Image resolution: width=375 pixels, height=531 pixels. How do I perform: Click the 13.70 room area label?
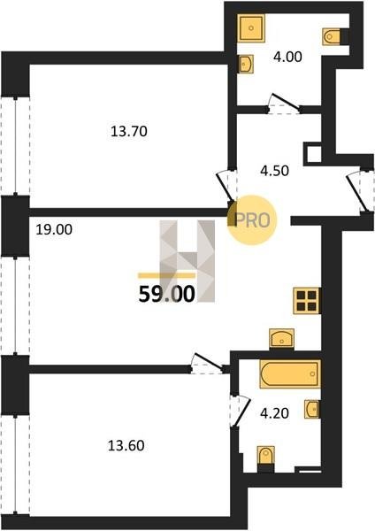pyautogui.click(x=129, y=131)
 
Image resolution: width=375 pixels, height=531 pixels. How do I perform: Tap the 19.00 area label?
pyautogui.click(x=54, y=230)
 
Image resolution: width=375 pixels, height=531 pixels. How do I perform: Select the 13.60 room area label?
pyautogui.click(x=126, y=446)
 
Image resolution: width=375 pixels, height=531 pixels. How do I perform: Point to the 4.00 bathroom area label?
pyautogui.click(x=287, y=57)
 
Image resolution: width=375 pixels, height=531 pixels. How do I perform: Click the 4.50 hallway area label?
pyautogui.click(x=274, y=171)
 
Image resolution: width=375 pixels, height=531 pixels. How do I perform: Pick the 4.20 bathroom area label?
pyautogui.click(x=274, y=413)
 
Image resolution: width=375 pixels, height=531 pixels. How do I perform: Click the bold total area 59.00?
pyautogui.click(x=167, y=294)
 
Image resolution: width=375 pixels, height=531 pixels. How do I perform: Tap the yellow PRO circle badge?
pyautogui.click(x=252, y=220)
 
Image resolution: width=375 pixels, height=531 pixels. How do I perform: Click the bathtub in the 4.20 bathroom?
pyautogui.click(x=290, y=373)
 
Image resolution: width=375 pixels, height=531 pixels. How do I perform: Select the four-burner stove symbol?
pyautogui.click(x=307, y=301)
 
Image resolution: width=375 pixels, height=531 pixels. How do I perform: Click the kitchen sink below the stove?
pyautogui.click(x=281, y=339)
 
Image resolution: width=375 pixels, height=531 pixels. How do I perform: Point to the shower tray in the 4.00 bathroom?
pyautogui.click(x=251, y=27)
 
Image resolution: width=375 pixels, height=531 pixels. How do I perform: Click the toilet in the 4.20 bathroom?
pyautogui.click(x=265, y=458)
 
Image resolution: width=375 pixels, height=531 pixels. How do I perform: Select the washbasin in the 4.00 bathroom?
pyautogui.click(x=245, y=65)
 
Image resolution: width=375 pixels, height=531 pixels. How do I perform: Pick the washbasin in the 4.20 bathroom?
pyautogui.click(x=311, y=409)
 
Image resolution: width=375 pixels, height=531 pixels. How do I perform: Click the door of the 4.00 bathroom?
pyautogui.click(x=284, y=104)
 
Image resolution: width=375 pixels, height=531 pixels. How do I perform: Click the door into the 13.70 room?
pyautogui.click(x=226, y=186)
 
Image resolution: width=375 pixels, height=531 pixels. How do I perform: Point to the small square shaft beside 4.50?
pyautogui.click(x=314, y=154)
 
